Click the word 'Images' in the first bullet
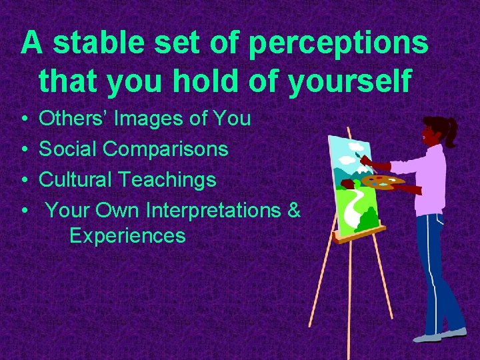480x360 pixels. pyautogui.click(x=147, y=119)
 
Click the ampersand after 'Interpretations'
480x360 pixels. pyautogui.click(x=294, y=210)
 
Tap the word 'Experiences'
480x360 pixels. pyautogui.click(x=127, y=236)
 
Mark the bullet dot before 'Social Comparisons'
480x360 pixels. pyautogui.click(x=24, y=149)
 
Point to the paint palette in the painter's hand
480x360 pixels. pyautogui.click(x=383, y=181)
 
